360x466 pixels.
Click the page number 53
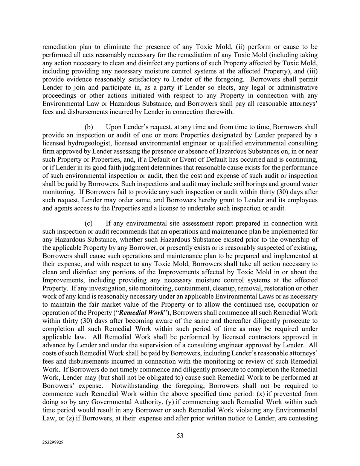pyautogui.click(x=180, y=435)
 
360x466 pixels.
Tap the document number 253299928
pyautogui.click(x=53, y=443)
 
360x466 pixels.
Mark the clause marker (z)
pyautogui.click(x=70, y=418)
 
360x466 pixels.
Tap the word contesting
pyautogui.click(x=303, y=418)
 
